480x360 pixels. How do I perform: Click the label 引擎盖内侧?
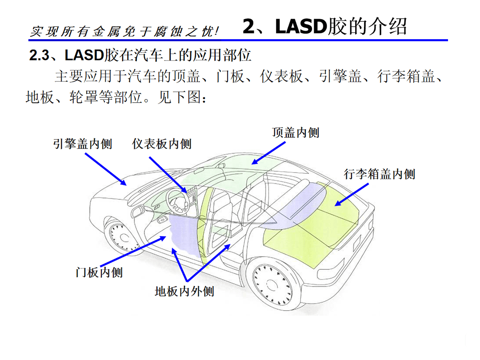click(x=83, y=144)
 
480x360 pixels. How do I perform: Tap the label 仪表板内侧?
click(x=162, y=144)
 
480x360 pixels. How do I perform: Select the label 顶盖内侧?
click(x=296, y=132)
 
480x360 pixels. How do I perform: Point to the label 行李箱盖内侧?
click(x=379, y=174)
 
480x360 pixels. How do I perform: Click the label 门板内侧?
click(x=99, y=272)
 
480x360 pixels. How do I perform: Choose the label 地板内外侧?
click(x=184, y=291)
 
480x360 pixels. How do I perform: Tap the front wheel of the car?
click(x=123, y=236)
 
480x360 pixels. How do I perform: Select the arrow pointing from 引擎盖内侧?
click(x=106, y=169)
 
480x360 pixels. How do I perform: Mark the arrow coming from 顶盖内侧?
click(x=268, y=153)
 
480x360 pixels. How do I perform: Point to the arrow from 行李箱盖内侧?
click(x=352, y=195)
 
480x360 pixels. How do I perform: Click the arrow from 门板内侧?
click(x=133, y=251)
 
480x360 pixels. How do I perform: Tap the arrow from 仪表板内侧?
click(x=168, y=175)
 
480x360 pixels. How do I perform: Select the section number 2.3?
click(x=39, y=56)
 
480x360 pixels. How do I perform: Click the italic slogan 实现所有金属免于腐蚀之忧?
click(x=124, y=31)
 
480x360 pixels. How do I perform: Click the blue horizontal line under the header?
click(x=238, y=40)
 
